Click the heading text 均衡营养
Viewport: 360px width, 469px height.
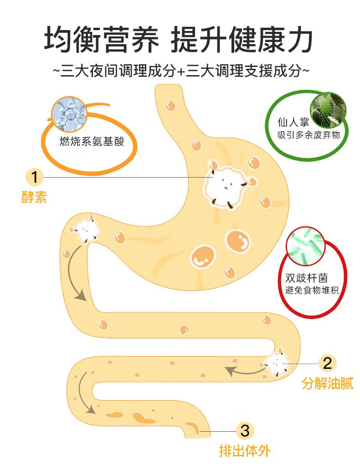[x=101, y=40]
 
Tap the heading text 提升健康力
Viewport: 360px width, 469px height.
[x=242, y=40]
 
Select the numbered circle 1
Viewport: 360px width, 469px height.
[x=35, y=177]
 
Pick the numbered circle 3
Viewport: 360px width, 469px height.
[x=245, y=430]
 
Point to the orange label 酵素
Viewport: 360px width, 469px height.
[x=34, y=198]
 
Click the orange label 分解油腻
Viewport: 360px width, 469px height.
[x=327, y=384]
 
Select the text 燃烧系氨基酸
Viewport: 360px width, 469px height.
[x=92, y=142]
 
